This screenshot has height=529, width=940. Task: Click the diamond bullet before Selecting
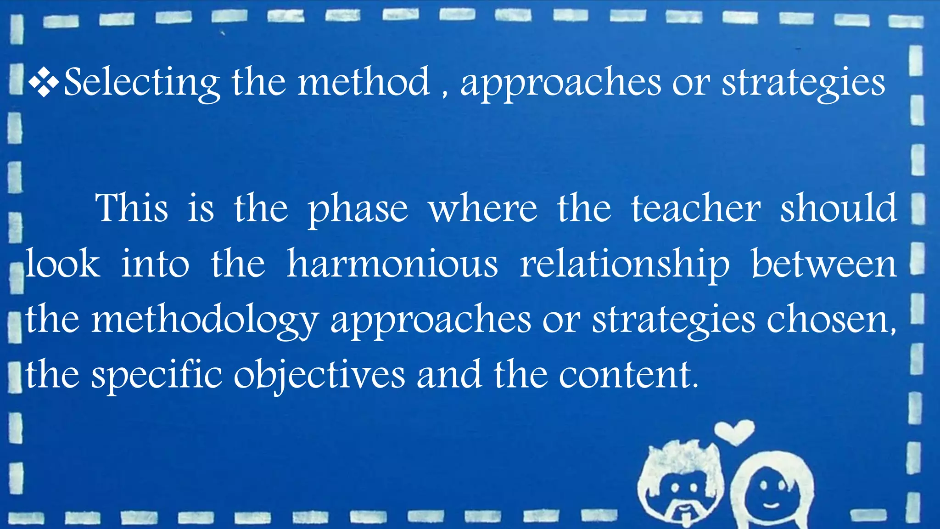pyautogui.click(x=44, y=83)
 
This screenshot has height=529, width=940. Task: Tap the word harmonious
pyautogui.click(x=392, y=264)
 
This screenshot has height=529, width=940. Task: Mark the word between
pyautogui.click(x=824, y=264)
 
